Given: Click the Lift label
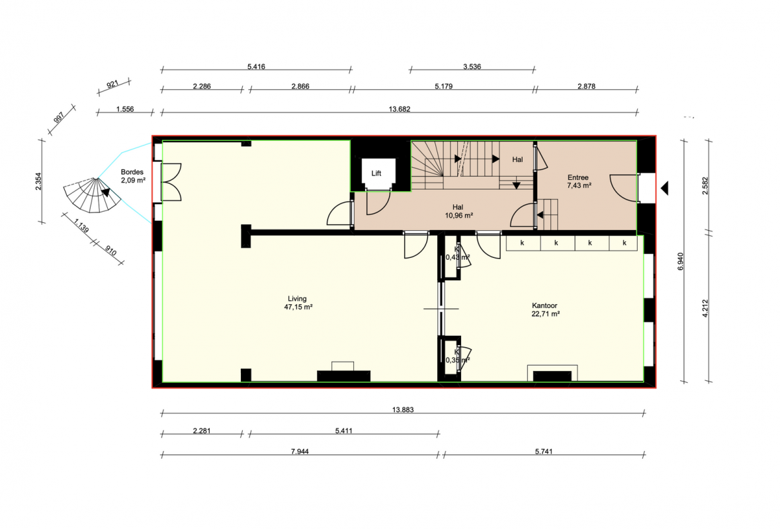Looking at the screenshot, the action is click(x=376, y=173).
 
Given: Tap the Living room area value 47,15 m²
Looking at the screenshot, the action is click(x=298, y=307).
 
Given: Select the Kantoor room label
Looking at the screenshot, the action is click(x=544, y=305).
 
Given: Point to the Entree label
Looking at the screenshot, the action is click(x=578, y=177).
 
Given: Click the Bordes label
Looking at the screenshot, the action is click(x=132, y=172).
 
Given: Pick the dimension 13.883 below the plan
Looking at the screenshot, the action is click(x=403, y=410).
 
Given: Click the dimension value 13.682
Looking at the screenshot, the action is click(x=400, y=109).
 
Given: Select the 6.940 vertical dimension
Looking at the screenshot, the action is click(x=681, y=261).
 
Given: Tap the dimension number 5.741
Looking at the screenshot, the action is click(x=544, y=452).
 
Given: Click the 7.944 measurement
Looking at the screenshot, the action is click(x=300, y=452).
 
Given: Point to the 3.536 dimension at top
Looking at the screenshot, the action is click(x=472, y=67).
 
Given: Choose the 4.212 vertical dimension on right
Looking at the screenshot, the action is click(x=705, y=308).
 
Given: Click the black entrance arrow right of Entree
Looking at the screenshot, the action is click(x=665, y=188).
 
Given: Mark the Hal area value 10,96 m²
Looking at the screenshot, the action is click(x=458, y=216).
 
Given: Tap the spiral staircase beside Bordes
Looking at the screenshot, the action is click(x=92, y=195).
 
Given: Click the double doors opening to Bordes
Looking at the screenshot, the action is click(x=171, y=182).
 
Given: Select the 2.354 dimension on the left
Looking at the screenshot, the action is click(x=39, y=181).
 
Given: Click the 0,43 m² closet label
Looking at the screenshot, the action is click(x=458, y=257).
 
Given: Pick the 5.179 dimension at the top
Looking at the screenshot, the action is click(x=444, y=87).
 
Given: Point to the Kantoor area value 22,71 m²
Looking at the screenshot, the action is click(x=546, y=314).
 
